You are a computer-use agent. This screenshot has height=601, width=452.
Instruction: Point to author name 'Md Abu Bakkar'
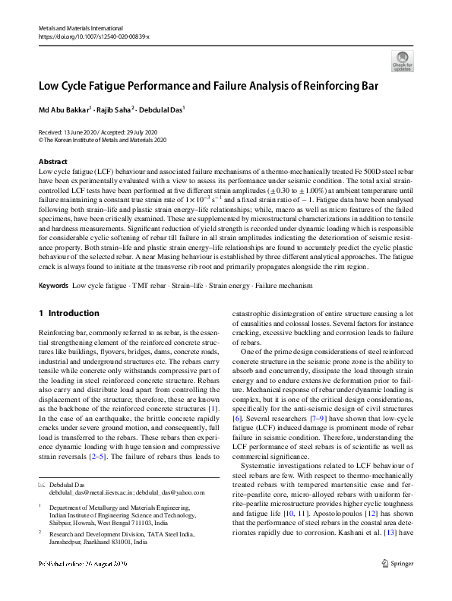pyautogui.click(x=64, y=109)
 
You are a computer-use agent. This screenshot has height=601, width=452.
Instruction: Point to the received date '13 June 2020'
pyautogui.click(x=81, y=132)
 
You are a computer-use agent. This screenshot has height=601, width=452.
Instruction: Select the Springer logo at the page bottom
pyautogui.click(x=398, y=584)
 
